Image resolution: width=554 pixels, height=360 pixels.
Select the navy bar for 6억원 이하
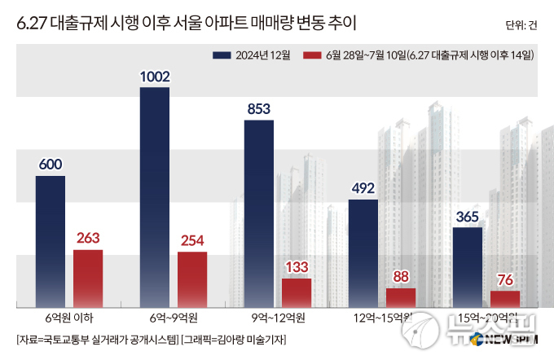click(51, 240)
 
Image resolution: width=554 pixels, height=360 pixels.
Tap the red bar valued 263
click(88, 278)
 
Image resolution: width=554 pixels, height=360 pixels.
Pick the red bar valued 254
click(192, 279)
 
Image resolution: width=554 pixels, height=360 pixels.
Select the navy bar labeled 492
click(363, 252)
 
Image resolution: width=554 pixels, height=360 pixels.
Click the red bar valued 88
click(401, 297)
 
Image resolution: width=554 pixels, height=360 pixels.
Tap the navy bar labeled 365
click(468, 266)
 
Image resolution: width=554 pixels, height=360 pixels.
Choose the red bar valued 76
click(505, 299)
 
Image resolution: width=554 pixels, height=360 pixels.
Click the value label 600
click(51, 165)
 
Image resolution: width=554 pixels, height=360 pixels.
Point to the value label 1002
click(155, 77)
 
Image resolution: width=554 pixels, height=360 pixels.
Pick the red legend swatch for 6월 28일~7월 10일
click(311, 55)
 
